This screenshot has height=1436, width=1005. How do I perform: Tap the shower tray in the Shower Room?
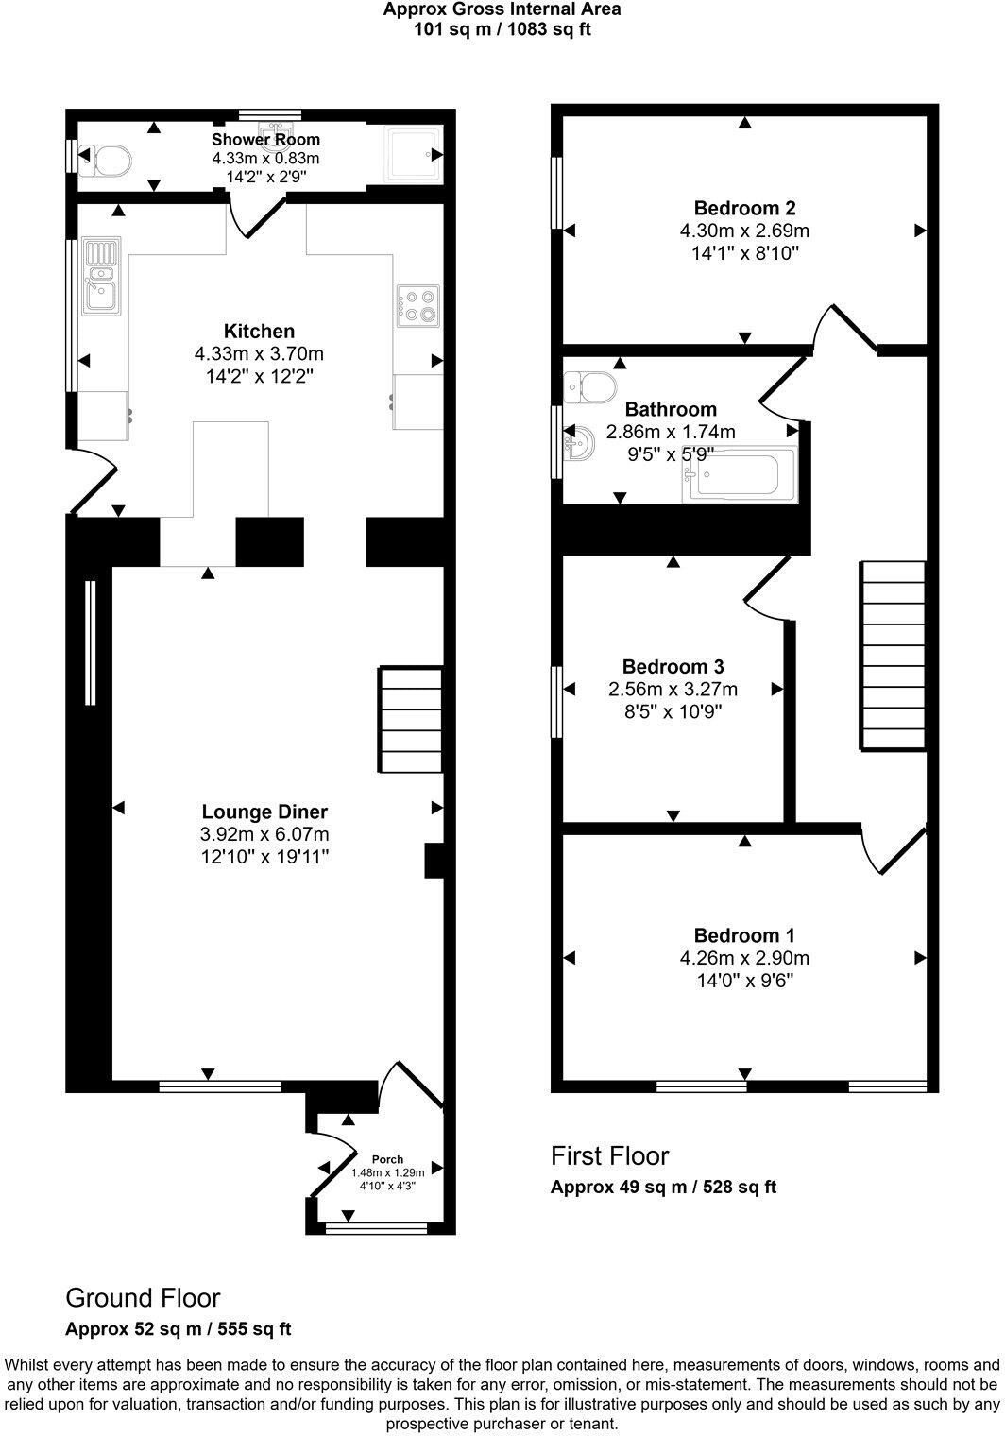[413, 153]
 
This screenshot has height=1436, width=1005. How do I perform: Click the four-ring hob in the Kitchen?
[419, 305]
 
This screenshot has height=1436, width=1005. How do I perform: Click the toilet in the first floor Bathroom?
[591, 385]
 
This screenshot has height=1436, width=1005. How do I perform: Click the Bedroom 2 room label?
[744, 208]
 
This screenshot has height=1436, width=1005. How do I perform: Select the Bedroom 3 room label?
[673, 666]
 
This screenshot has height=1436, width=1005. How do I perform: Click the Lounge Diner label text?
[264, 812]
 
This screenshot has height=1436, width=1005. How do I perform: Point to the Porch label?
[387, 1159]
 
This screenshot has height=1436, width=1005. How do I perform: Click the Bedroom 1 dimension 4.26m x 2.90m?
[744, 958]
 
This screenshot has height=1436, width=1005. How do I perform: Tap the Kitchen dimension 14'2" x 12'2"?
[259, 377]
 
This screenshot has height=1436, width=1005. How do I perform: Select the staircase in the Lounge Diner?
[411, 720]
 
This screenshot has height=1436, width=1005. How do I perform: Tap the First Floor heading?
[609, 1155]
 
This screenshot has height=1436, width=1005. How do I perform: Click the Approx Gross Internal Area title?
[502, 9]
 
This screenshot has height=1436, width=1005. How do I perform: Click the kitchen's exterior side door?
[92, 482]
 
